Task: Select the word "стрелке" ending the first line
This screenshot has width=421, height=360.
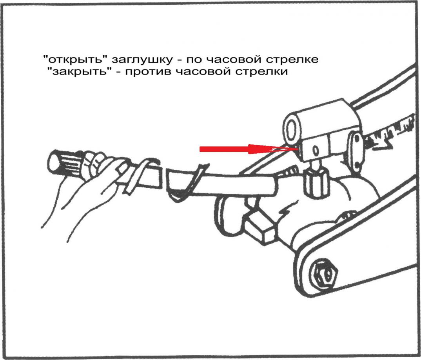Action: click(x=293, y=60)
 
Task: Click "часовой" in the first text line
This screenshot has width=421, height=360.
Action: click(x=234, y=60)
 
